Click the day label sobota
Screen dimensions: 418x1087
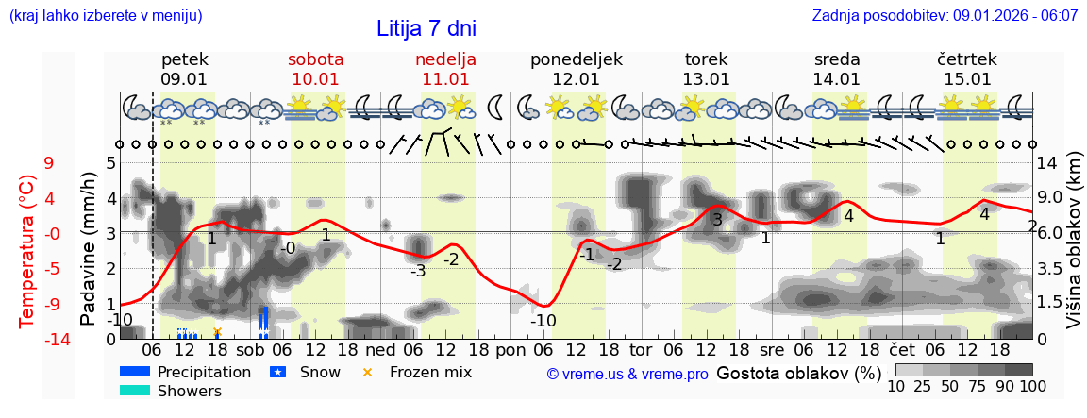click(x=315, y=59)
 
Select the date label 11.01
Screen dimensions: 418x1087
click(x=445, y=79)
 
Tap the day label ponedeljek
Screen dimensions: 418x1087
click(x=576, y=59)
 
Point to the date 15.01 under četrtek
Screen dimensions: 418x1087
click(x=967, y=79)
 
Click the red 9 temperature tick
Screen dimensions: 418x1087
click(x=48, y=162)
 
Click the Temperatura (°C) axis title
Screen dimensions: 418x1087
click(x=27, y=250)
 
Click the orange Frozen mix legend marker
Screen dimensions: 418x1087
click(x=368, y=373)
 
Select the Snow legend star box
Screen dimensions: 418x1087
click(x=277, y=373)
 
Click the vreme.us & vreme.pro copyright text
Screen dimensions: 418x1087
click(x=627, y=374)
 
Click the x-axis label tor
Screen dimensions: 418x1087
click(x=642, y=349)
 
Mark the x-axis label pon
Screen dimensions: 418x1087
click(x=510, y=349)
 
